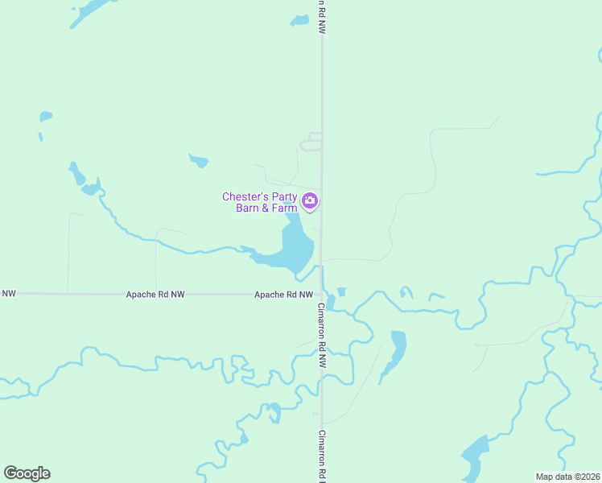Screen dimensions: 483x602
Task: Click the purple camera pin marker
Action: (x=311, y=200)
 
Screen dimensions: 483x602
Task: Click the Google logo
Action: (x=27, y=473)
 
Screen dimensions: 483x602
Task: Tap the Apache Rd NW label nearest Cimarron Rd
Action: (x=283, y=295)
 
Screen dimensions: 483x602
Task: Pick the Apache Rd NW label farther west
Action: (x=155, y=295)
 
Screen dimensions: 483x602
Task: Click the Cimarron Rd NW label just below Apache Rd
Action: (x=320, y=327)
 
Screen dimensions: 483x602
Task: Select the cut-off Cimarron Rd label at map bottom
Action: (x=320, y=455)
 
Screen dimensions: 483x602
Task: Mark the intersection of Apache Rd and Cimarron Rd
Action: (x=322, y=294)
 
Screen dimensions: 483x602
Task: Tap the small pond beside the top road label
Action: (x=300, y=20)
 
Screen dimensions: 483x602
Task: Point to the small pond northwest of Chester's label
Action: (x=199, y=160)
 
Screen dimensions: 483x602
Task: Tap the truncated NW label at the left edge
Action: (x=9, y=294)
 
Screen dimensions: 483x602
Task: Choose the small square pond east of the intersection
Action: (x=342, y=291)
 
